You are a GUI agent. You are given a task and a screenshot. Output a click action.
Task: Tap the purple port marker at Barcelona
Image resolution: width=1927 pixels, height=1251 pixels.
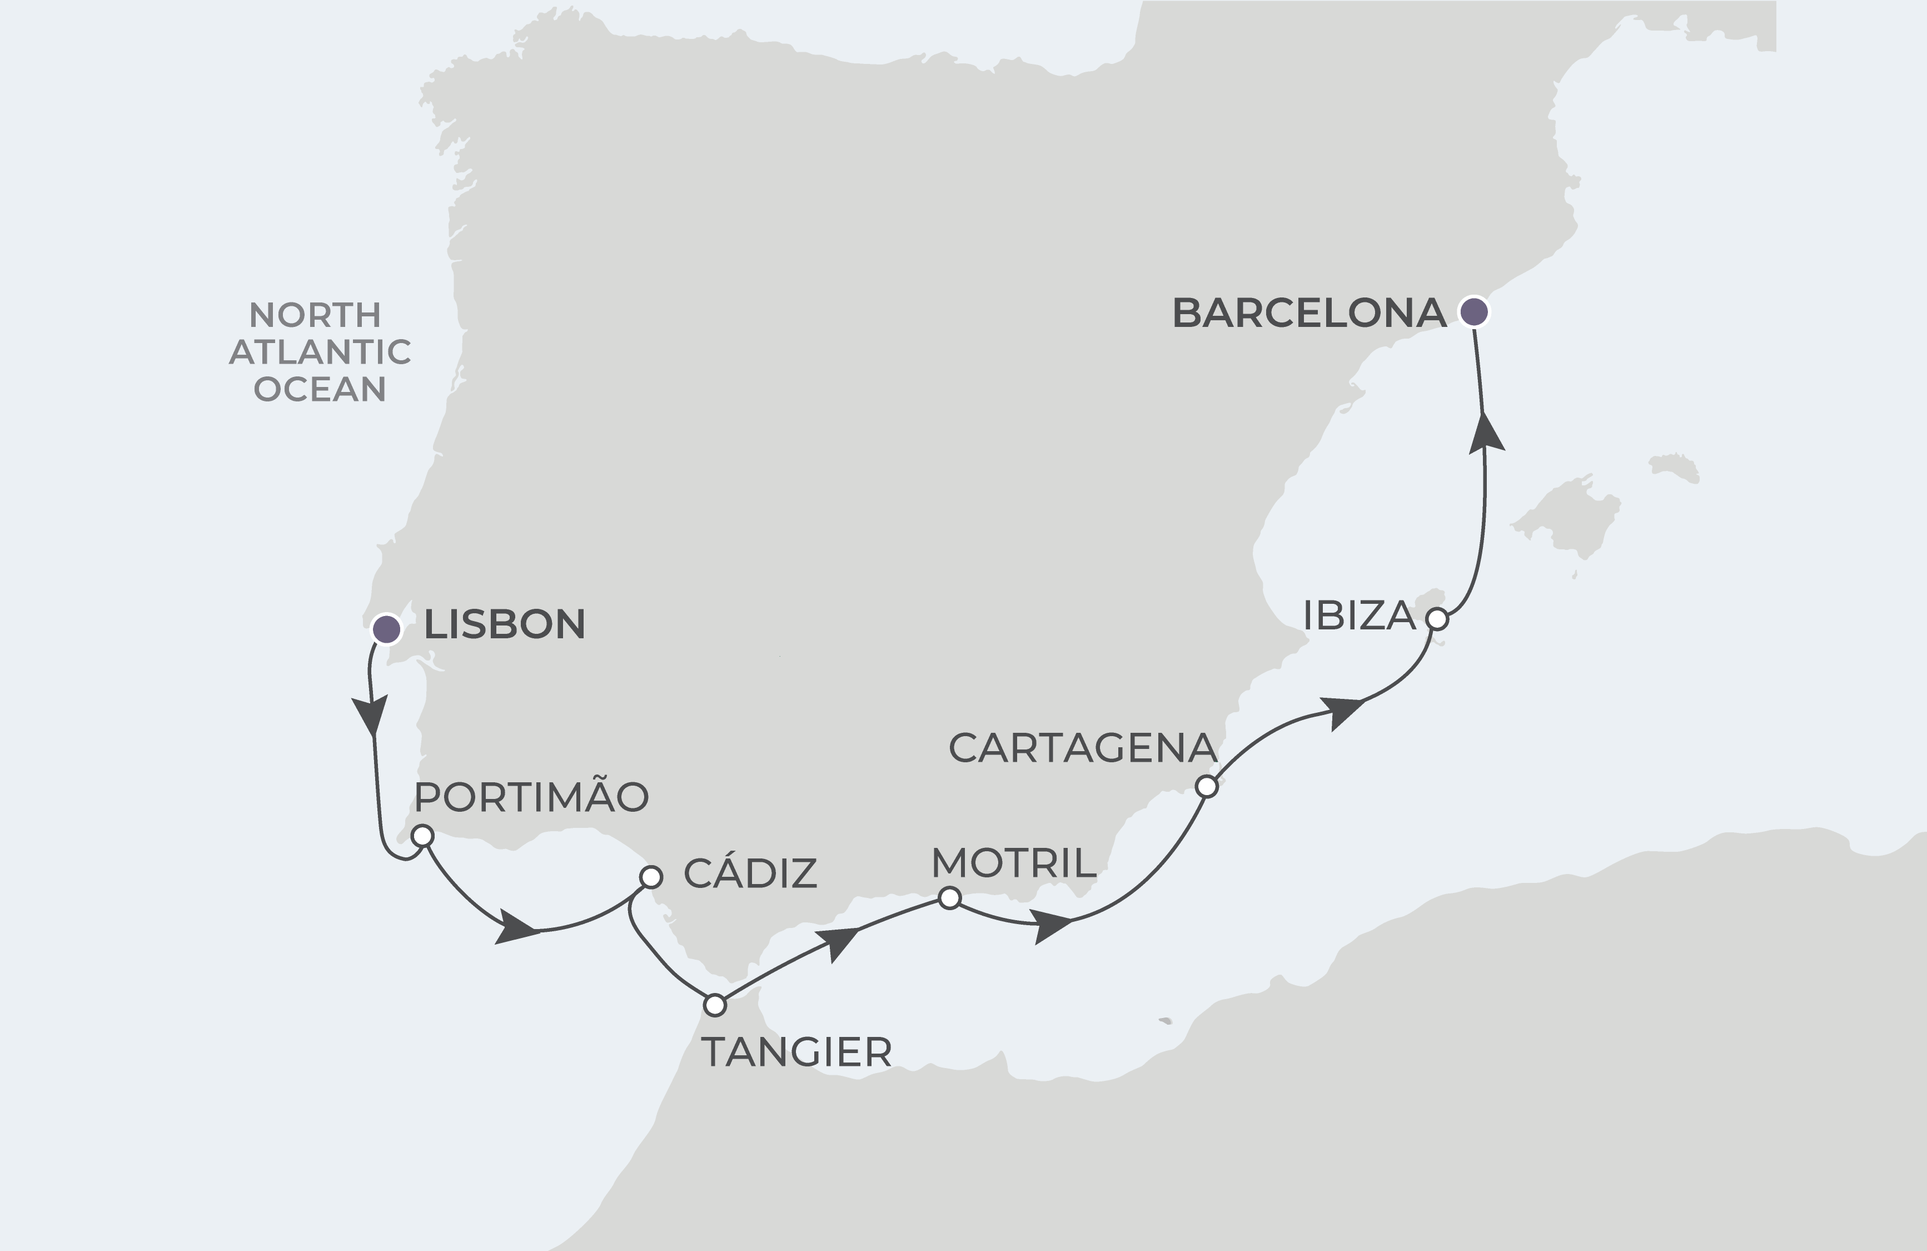click(1473, 311)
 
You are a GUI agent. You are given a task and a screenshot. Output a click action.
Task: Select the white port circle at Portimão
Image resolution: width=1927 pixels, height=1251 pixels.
click(422, 835)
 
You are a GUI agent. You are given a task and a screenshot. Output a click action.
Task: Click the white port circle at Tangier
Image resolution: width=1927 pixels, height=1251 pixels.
click(714, 1005)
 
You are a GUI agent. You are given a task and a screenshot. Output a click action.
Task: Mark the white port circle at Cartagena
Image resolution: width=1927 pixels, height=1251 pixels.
click(1207, 786)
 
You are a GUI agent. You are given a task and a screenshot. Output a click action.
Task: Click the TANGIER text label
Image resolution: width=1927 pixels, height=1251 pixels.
click(796, 1053)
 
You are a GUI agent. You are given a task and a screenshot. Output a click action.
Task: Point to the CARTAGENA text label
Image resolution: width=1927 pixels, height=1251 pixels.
click(1083, 748)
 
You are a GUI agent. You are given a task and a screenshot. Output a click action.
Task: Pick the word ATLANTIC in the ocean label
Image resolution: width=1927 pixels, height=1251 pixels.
click(321, 352)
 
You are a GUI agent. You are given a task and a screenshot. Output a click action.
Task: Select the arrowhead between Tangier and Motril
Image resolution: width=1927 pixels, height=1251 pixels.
click(837, 944)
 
